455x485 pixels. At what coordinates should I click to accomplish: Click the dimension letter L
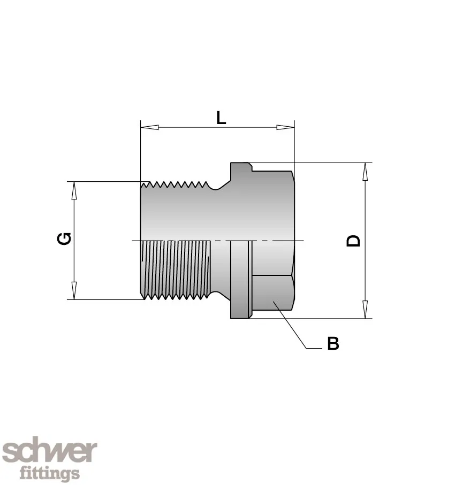[221, 118]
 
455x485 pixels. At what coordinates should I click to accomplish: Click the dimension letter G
[64, 238]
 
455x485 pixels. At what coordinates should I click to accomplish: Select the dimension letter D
[353, 241]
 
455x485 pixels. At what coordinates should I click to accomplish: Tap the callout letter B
[333, 343]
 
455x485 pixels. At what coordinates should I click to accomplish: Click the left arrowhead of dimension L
[149, 127]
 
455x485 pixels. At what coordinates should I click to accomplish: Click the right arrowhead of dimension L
[285, 127]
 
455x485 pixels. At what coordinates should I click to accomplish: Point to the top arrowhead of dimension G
[74, 190]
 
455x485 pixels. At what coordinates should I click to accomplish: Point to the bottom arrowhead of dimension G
[74, 290]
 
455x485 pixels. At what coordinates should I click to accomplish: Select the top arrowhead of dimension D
[366, 172]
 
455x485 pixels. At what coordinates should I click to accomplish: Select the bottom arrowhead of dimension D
[366, 309]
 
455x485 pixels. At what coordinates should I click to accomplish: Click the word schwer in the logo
[50, 451]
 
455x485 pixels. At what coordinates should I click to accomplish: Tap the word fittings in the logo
[50, 473]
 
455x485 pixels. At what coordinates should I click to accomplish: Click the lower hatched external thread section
[176, 270]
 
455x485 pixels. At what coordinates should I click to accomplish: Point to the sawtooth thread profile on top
[175, 184]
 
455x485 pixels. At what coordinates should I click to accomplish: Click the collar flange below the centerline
[239, 280]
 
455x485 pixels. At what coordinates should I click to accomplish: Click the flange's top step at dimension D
[241, 167]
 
